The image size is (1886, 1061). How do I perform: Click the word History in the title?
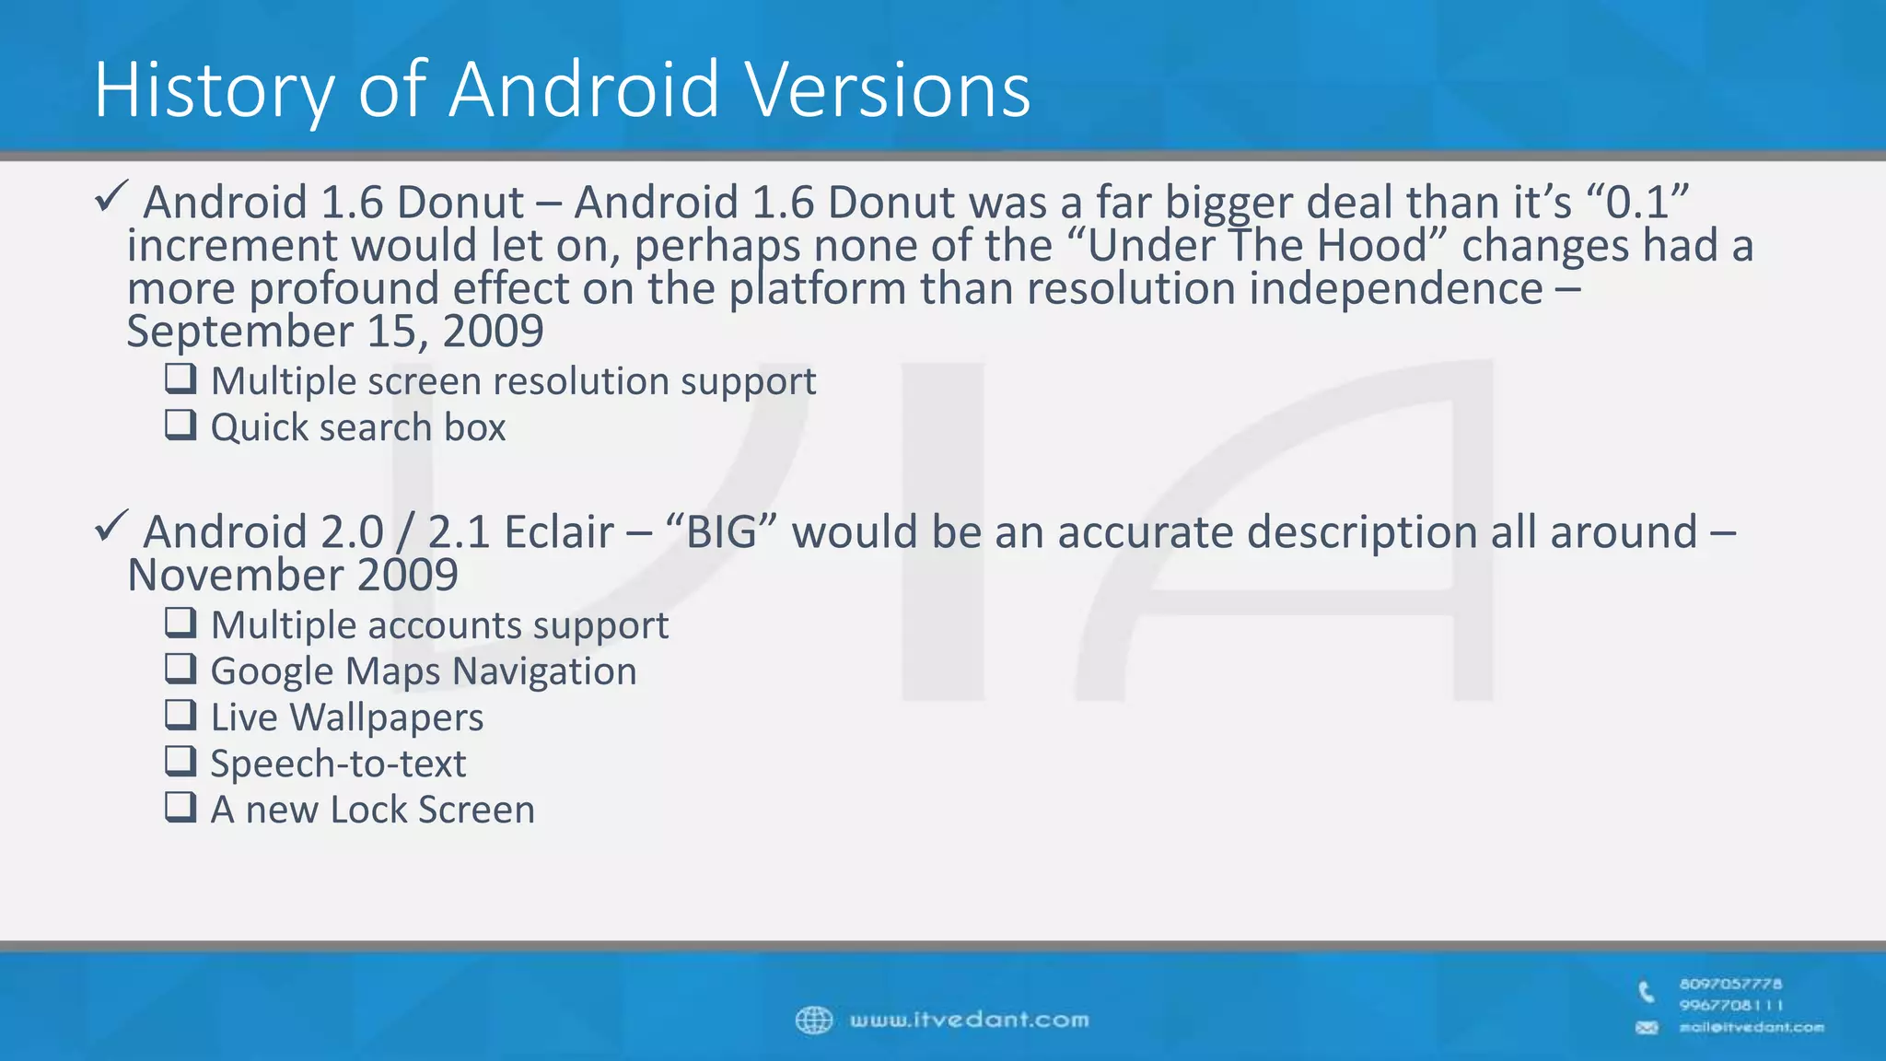click(213, 90)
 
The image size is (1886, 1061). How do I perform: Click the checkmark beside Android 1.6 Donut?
click(111, 196)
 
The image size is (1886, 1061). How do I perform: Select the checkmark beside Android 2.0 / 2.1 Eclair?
click(111, 526)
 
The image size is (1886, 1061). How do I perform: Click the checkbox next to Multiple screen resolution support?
click(180, 379)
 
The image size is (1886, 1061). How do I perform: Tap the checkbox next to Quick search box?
click(180, 425)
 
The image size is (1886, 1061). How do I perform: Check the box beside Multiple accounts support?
click(180, 623)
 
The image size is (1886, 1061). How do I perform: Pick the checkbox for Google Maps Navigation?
click(180, 669)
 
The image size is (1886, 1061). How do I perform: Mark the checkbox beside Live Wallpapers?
click(180, 715)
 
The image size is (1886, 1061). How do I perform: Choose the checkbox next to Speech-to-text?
click(180, 761)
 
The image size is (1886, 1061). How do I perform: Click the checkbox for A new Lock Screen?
click(180, 807)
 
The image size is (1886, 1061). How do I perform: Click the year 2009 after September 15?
click(493, 331)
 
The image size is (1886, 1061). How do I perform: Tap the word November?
click(234, 575)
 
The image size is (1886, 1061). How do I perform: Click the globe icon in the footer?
click(814, 1020)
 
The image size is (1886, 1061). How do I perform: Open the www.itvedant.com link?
click(969, 1020)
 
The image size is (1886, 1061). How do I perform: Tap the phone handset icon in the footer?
click(1647, 993)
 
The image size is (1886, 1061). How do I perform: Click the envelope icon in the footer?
click(1647, 1028)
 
